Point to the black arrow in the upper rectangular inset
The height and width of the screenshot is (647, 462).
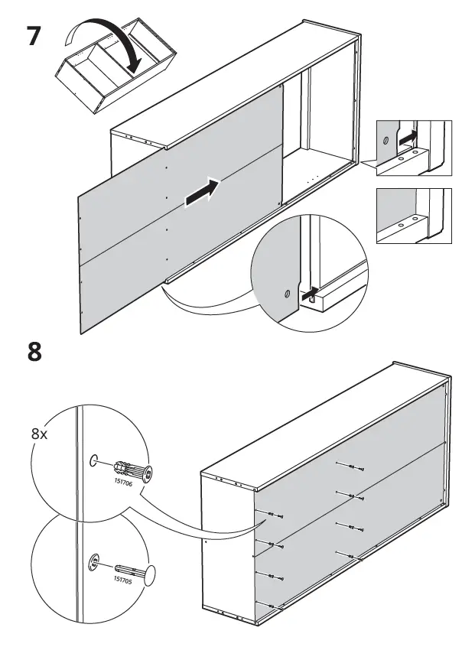409,138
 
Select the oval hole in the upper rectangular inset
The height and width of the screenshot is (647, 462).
386,141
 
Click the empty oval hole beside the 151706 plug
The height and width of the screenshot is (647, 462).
93,460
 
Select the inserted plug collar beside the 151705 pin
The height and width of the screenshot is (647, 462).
93,563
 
